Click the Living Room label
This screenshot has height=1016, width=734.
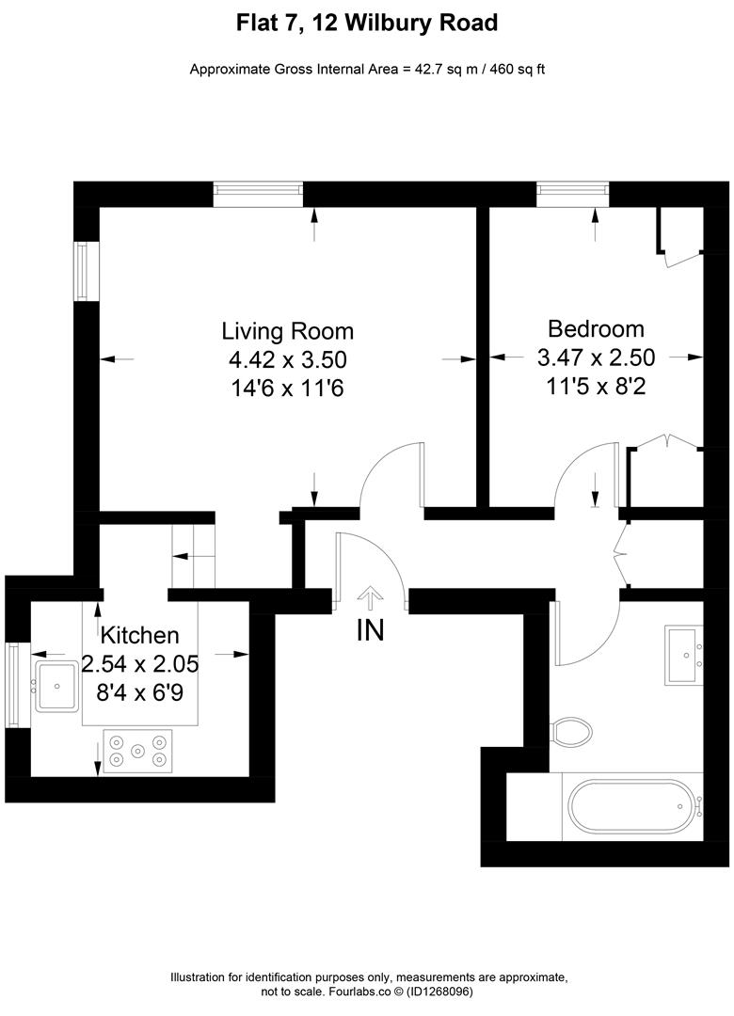287,331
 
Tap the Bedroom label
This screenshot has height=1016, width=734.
596,329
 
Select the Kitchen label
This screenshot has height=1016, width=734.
139,634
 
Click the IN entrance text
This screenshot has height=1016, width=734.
370,630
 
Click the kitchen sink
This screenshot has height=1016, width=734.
56,686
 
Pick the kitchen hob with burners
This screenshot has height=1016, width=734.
138,751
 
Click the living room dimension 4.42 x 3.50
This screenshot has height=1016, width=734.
287,359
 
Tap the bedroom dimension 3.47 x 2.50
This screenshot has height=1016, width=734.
596,357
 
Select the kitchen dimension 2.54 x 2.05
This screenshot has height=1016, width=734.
140,663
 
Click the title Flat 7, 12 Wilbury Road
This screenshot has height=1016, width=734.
367,23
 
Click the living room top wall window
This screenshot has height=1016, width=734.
258,194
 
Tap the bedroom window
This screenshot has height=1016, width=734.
573,194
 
